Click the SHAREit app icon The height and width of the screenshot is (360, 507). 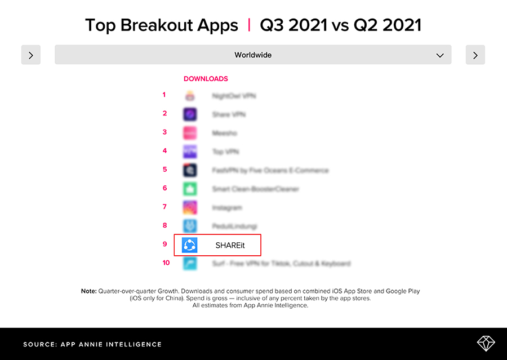pyautogui.click(x=190, y=245)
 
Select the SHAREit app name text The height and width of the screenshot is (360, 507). pyautogui.click(x=230, y=246)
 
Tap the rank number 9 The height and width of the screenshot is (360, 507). pyautogui.click(x=164, y=244)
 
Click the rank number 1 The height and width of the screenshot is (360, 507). pyautogui.click(x=164, y=95)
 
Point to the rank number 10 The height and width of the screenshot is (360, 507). pyautogui.click(x=166, y=263)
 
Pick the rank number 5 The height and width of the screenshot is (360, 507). pyautogui.click(x=164, y=169)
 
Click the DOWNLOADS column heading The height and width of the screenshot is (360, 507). pyautogui.click(x=206, y=79)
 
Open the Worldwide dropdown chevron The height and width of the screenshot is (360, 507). pyautogui.click(x=440, y=55)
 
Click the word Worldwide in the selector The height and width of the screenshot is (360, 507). pyautogui.click(x=253, y=55)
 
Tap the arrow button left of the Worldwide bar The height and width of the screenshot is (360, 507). pyautogui.click(x=31, y=55)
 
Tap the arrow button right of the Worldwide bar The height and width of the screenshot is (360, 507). pyautogui.click(x=475, y=55)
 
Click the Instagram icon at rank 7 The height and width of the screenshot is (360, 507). pyautogui.click(x=190, y=207)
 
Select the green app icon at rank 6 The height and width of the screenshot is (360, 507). pyautogui.click(x=190, y=189)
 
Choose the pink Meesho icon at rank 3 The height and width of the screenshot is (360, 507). pyautogui.click(x=190, y=133)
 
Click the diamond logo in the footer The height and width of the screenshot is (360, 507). pyautogui.click(x=485, y=344)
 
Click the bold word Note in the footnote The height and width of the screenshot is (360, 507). pyautogui.click(x=88, y=291)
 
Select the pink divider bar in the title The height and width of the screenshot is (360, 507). pyautogui.click(x=249, y=25)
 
